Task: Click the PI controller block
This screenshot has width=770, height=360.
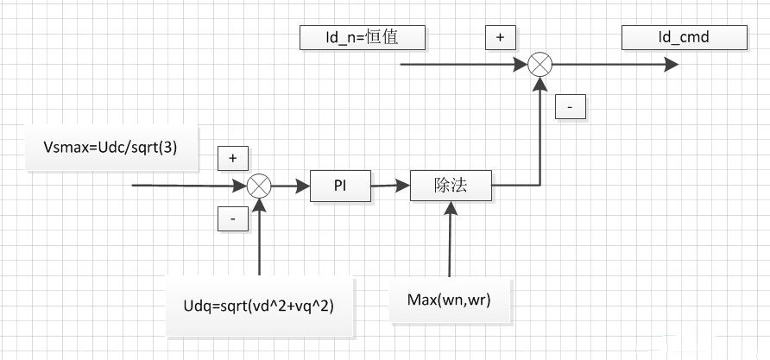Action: tap(341, 185)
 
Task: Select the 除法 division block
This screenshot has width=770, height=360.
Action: tap(450, 185)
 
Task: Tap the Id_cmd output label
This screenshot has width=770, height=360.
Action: tap(684, 37)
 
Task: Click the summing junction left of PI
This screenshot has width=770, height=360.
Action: tap(259, 186)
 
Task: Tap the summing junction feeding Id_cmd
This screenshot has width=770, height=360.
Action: tap(540, 63)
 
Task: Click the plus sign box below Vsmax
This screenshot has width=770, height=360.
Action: tap(233, 158)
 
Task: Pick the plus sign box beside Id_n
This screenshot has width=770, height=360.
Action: tap(500, 37)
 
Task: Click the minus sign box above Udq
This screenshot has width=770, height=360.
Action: tap(233, 219)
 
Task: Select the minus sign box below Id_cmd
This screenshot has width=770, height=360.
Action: tap(571, 106)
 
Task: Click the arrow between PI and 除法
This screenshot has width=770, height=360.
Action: tap(390, 185)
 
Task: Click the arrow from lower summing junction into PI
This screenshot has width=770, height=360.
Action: tap(291, 185)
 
